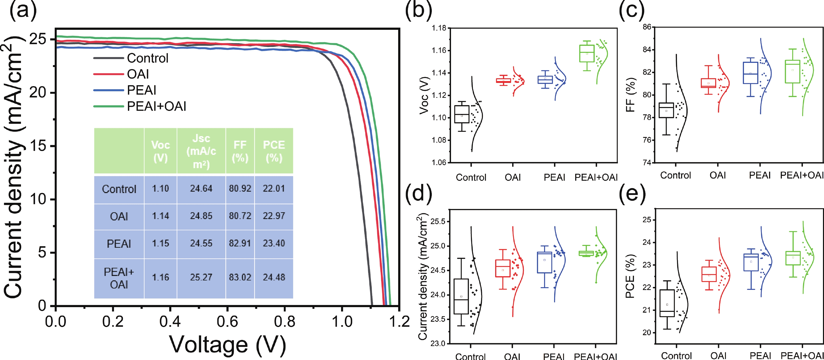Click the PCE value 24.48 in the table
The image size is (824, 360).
coord(274,277)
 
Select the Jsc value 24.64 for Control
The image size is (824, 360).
coord(201,188)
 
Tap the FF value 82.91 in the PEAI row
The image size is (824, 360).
coord(240,243)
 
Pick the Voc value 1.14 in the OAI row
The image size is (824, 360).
coord(160,216)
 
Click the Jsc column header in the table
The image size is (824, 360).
coord(201,151)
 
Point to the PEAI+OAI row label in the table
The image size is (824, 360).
coord(119,278)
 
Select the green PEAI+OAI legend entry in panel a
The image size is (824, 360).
coord(156,106)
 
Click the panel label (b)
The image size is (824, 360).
coord(418,10)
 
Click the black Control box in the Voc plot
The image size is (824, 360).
coord(462,114)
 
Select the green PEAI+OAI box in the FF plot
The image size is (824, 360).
coord(793,71)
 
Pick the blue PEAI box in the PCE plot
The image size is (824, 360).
coord(751,262)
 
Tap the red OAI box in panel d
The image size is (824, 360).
coord(503,268)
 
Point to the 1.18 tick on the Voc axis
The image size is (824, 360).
coord(439,28)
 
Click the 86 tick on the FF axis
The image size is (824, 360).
coord(647,27)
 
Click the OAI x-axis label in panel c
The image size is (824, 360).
coord(718,175)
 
